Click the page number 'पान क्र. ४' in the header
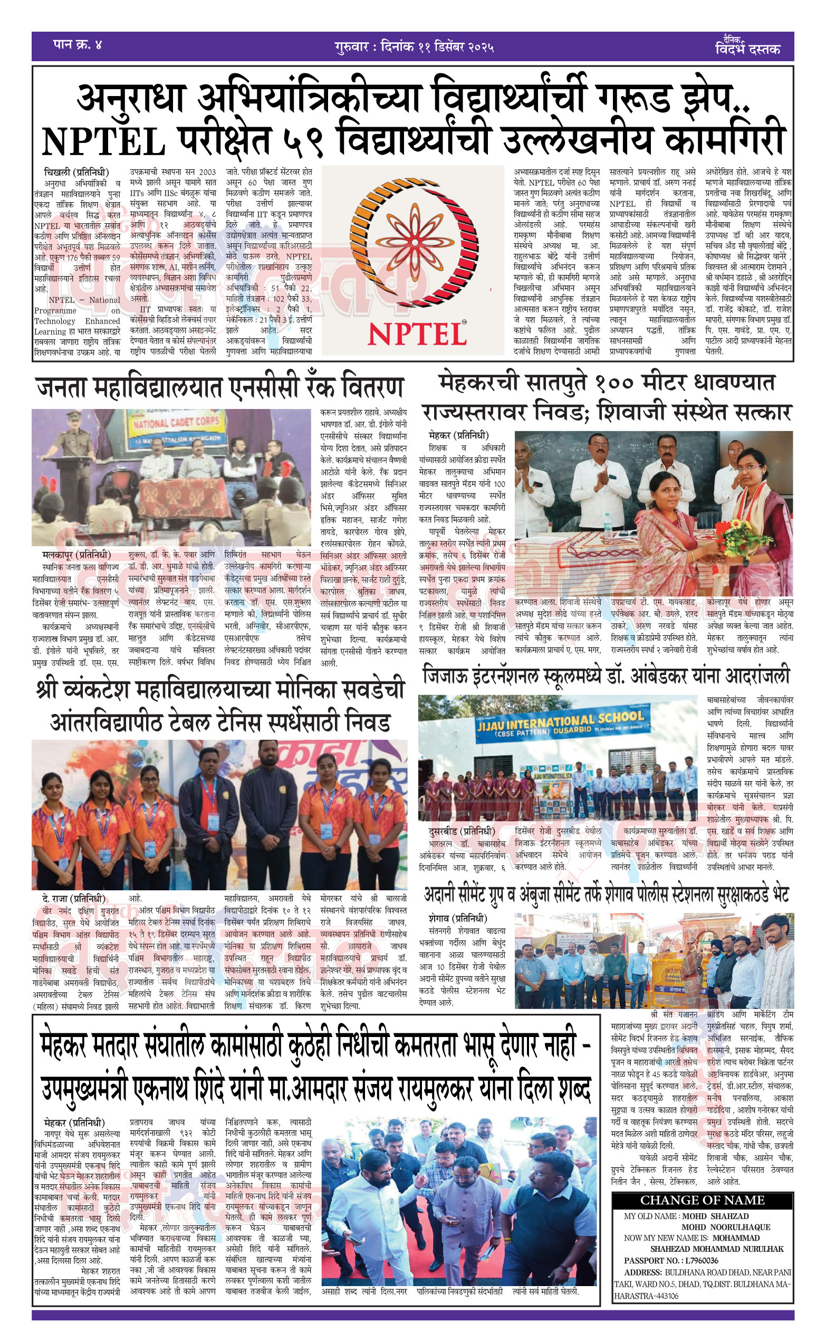78,45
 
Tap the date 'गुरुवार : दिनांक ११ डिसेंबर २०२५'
414,47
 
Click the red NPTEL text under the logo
417,335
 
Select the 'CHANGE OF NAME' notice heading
702,1200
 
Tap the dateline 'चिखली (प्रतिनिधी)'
76,172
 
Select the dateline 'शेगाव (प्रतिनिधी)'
458,918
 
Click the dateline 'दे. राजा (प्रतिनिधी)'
74,898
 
